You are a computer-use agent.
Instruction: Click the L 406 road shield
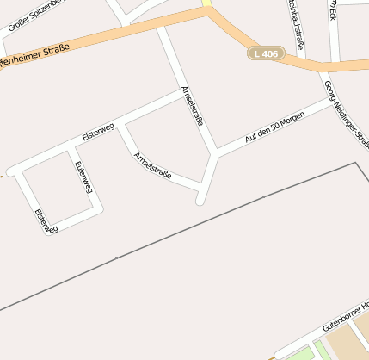pyautogui.click(x=266, y=53)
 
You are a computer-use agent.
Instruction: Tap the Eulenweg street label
pyautogui.click(x=83, y=176)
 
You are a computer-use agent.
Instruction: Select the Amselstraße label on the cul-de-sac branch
pyautogui.click(x=152, y=165)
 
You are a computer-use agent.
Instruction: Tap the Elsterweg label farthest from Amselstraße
pyautogui.click(x=46, y=220)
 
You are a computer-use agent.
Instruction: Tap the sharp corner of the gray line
pyautogui.click(x=354, y=162)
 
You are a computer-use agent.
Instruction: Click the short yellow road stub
pyautogui.click(x=207, y=4)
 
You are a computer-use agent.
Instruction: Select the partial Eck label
pyautogui.click(x=332, y=9)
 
